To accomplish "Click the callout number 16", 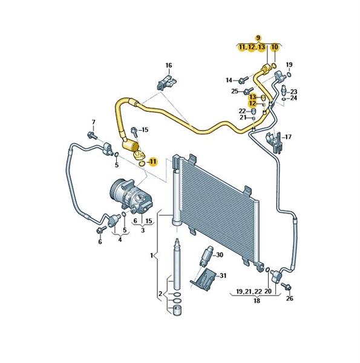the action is click(169, 65).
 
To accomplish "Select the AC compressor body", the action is click(130, 196).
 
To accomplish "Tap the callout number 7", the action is click(94, 122).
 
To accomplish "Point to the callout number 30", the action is click(220, 255).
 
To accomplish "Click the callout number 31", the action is click(223, 275).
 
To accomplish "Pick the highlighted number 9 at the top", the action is click(258, 38).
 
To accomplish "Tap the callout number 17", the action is click(288, 137).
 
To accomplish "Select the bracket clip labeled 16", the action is click(166, 82).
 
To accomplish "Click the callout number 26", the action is click(289, 299).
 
